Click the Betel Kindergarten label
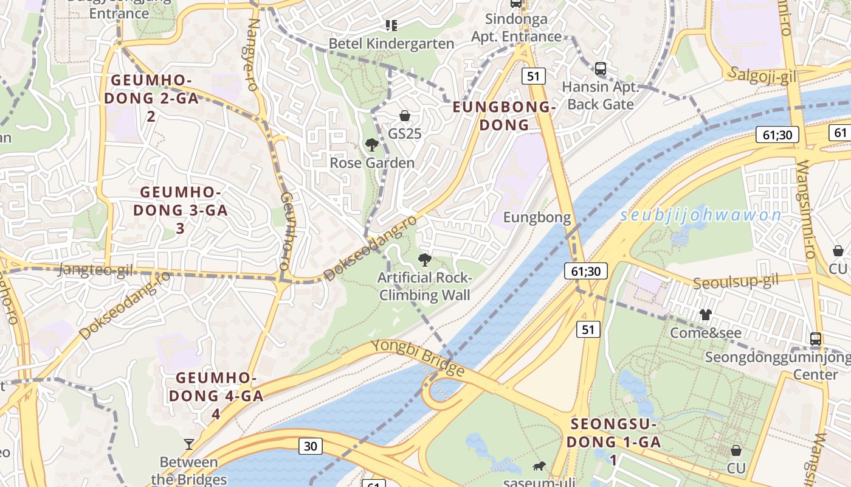(x=391, y=44)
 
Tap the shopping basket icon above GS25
(x=405, y=116)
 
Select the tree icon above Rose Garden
(x=371, y=145)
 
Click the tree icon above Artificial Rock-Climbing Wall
(x=424, y=261)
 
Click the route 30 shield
(x=310, y=446)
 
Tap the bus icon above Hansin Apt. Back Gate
(x=601, y=68)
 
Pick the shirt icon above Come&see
(x=705, y=315)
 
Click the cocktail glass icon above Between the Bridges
(x=189, y=444)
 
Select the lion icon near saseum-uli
(x=539, y=467)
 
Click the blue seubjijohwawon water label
(x=701, y=215)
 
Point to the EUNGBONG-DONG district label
(x=504, y=116)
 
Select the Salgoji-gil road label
(x=762, y=75)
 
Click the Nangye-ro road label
(x=252, y=55)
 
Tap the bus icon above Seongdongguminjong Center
(x=816, y=339)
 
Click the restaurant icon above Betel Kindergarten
(x=391, y=25)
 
